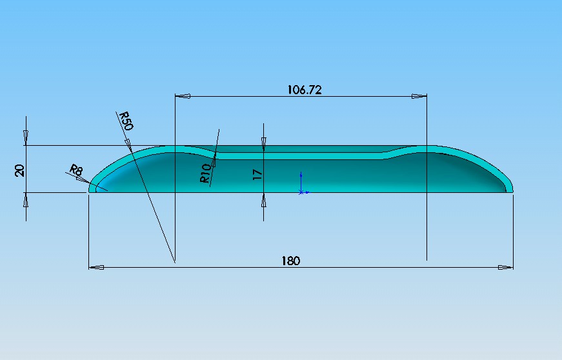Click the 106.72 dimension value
point(304,90)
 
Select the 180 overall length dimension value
point(290,261)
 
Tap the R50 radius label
point(125,121)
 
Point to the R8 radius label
point(76,171)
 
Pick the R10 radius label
point(205,174)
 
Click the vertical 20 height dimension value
point(20,170)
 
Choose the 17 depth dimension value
point(257,174)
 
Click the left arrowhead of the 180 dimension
point(96,266)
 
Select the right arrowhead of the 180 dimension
point(506,266)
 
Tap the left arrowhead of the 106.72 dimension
point(183,97)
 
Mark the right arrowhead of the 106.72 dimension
point(419,97)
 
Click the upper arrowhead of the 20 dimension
point(26,137)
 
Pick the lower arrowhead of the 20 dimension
point(26,201)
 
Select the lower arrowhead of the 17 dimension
point(263,200)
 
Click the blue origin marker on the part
point(301,192)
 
